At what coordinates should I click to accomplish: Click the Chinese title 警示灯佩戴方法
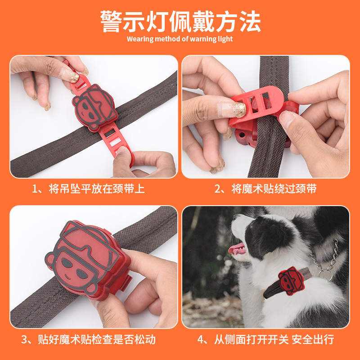[x=180, y=20]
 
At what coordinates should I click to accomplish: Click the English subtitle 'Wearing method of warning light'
[x=180, y=39]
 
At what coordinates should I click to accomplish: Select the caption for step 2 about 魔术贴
[x=265, y=189]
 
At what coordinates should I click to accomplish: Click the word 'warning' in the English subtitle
[x=207, y=39]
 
